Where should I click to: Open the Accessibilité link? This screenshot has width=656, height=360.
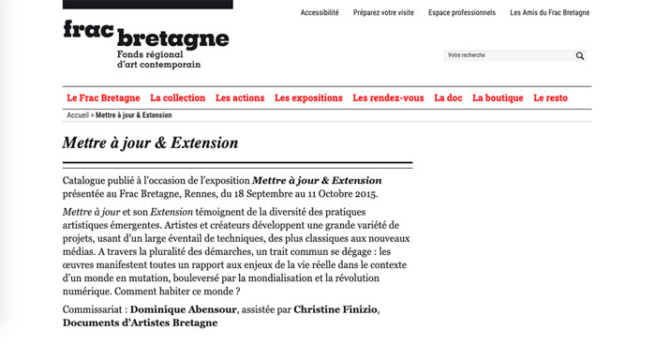(320, 13)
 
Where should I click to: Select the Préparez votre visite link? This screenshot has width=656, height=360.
(383, 13)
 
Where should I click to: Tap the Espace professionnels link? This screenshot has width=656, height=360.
(462, 13)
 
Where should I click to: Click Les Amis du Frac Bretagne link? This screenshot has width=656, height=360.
(550, 13)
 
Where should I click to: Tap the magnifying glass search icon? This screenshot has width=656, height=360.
(581, 56)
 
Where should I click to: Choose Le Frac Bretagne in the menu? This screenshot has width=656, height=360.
(103, 97)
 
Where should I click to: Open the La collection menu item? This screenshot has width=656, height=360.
(177, 97)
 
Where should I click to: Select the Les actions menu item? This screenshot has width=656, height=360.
(240, 97)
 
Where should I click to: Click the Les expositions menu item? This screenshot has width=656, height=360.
(308, 97)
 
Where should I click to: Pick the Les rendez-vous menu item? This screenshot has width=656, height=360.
(388, 97)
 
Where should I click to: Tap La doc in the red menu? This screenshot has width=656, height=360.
(448, 97)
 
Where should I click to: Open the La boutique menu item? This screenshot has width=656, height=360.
(498, 97)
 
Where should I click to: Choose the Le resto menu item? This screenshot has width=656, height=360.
(550, 97)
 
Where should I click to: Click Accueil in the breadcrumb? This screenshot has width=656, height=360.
(79, 115)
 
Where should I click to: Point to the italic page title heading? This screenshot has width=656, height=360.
(150, 143)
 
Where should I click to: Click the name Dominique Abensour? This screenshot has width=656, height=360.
(183, 308)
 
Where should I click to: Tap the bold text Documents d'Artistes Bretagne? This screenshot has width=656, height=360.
(140, 322)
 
